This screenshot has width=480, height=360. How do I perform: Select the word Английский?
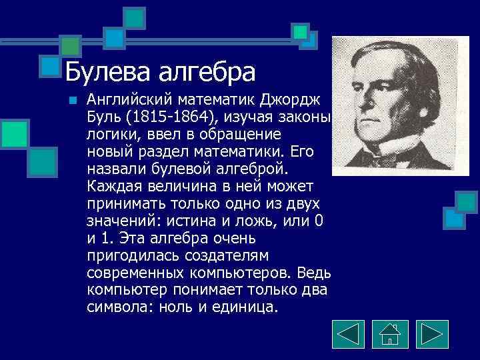tap(127, 100)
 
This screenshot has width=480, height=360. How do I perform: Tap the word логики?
tap(109, 135)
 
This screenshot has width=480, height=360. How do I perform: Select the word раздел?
tap(159, 153)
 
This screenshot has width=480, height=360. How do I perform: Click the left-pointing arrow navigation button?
tap(348, 335)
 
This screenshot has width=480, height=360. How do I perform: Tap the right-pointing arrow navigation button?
tap(431, 335)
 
